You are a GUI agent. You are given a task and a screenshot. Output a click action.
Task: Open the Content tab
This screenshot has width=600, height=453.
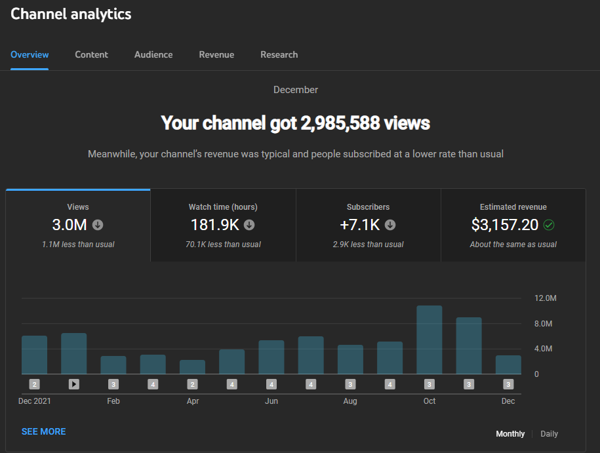(91, 54)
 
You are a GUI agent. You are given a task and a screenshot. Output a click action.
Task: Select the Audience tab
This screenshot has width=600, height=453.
(153, 54)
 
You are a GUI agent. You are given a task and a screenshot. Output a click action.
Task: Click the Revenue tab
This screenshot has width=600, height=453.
(216, 54)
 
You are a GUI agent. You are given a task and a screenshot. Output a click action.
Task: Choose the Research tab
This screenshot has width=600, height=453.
(279, 54)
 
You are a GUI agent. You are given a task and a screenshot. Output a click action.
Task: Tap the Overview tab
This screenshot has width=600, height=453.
(30, 54)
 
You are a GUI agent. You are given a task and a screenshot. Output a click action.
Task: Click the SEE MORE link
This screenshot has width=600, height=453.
(44, 431)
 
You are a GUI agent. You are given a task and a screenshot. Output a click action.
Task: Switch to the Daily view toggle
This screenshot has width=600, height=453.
(549, 434)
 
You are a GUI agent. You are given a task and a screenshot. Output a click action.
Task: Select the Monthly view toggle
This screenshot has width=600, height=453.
(510, 434)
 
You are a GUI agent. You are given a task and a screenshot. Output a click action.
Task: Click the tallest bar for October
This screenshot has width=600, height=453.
(430, 340)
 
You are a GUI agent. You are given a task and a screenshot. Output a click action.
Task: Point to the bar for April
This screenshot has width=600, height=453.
(193, 367)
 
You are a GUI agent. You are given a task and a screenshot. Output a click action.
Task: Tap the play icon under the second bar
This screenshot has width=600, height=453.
(74, 384)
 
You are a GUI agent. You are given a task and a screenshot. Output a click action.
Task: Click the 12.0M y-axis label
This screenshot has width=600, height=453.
(546, 298)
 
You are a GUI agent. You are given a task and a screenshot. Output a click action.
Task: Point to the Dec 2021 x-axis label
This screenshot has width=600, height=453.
(35, 401)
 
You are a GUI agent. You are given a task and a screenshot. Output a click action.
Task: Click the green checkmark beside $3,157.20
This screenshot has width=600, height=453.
(549, 225)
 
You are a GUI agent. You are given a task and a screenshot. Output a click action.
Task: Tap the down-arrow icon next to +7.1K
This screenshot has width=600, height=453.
(390, 225)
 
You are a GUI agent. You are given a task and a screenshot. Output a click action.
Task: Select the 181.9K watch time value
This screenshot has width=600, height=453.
(215, 225)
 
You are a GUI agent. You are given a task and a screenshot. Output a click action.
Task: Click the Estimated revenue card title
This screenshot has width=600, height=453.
(513, 207)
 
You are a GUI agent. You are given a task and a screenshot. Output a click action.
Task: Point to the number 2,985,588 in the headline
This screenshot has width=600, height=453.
(340, 123)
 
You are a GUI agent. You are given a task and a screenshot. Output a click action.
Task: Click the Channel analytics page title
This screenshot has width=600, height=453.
(71, 14)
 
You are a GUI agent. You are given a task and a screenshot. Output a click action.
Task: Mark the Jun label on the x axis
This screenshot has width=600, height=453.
(271, 401)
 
